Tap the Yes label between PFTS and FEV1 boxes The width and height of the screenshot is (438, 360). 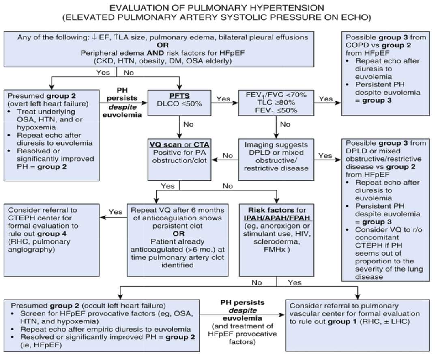point(223,99)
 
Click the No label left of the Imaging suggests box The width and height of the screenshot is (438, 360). point(228,155)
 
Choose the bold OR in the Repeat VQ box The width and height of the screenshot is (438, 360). point(178,234)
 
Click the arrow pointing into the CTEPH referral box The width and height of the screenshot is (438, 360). point(102,218)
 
